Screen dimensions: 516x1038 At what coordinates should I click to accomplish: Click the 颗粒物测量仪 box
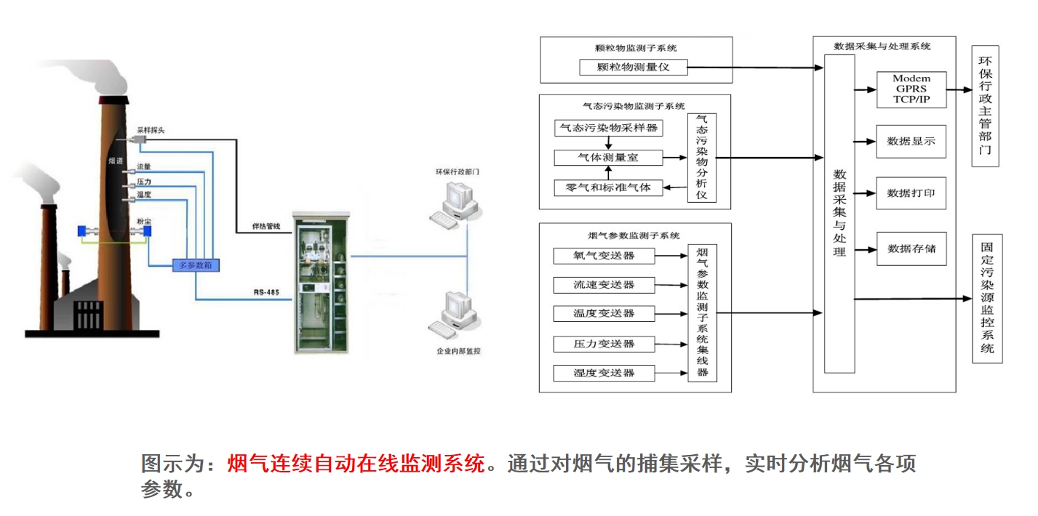(633, 68)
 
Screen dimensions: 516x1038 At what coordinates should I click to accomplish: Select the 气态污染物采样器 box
(607, 128)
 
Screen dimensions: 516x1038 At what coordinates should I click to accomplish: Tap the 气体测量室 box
(607, 158)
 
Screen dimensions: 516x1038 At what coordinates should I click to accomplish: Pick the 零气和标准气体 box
(607, 188)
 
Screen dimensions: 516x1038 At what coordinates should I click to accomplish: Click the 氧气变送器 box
(604, 256)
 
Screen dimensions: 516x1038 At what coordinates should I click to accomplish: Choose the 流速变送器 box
(604, 284)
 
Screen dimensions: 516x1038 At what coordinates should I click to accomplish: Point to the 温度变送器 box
(604, 313)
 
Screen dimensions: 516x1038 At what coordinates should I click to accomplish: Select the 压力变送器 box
(604, 344)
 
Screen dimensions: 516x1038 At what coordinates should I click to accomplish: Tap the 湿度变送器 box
(604, 373)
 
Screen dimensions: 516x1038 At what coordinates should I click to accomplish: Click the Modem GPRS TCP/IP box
(911, 89)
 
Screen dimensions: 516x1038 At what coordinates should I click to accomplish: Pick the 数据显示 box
(911, 141)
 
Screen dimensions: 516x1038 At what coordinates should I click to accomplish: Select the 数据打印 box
(911, 193)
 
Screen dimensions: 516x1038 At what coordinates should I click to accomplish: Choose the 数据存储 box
(911, 249)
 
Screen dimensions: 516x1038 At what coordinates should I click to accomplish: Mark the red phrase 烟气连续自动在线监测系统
(356, 463)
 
